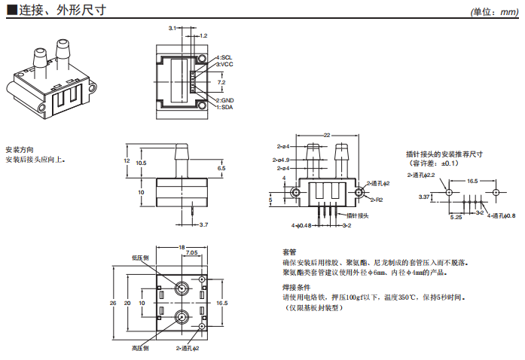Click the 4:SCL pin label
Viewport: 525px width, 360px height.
coord(225,58)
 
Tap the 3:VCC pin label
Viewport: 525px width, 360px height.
coord(225,65)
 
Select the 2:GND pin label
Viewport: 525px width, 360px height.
coord(225,100)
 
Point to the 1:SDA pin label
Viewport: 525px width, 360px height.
coord(225,107)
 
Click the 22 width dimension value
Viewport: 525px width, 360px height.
coord(326,135)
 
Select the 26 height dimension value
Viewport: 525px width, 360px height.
coord(113,303)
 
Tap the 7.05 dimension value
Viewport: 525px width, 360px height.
coord(191,253)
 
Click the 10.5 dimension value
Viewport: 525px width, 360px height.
coord(141,163)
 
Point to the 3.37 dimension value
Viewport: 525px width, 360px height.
coord(424,197)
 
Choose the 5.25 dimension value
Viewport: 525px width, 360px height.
coord(456,217)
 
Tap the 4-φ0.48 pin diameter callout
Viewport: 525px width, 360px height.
coord(301,225)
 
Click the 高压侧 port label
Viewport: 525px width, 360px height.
coord(141,348)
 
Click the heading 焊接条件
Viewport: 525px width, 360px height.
coord(296,288)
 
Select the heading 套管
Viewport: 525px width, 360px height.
coord(289,252)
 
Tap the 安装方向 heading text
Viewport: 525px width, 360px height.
coord(19,150)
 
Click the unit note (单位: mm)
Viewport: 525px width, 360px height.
coord(494,12)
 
